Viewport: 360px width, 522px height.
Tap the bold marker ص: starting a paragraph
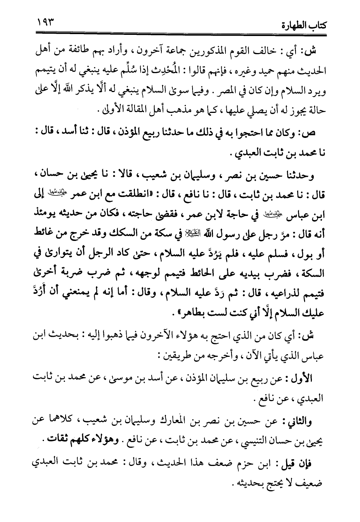click(316, 132)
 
